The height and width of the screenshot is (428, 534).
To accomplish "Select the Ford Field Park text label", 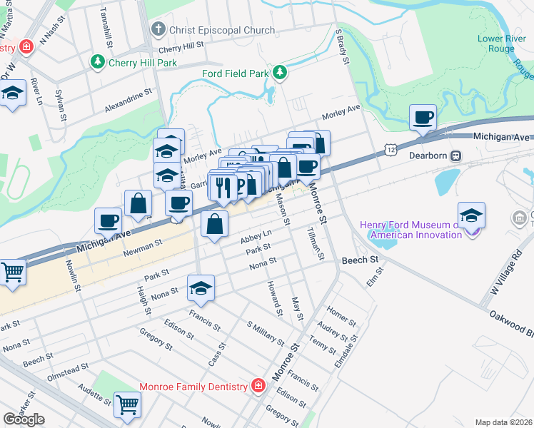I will [233, 73].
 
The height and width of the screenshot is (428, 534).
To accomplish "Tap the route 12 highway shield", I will [390, 148].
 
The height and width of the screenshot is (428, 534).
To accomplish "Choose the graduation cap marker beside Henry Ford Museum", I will [472, 215].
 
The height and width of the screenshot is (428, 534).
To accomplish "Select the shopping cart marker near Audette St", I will [128, 404].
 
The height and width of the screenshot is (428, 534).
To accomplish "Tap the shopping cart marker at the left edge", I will [12, 272].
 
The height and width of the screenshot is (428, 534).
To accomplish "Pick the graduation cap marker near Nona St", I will [201, 288].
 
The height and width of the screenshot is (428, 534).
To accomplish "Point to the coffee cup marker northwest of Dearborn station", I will [423, 117].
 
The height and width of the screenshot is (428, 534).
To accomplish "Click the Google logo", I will [24, 419].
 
